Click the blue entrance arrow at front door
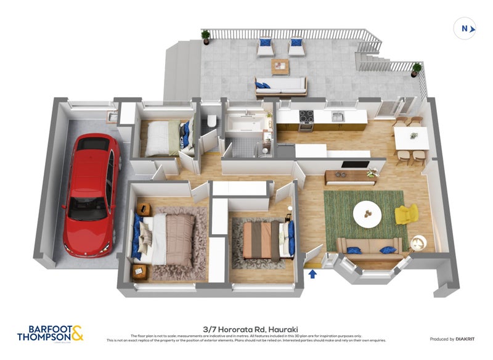click(312, 272)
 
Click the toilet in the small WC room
click(211, 121)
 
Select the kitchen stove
click(307, 121)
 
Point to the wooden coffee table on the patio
click(280, 65)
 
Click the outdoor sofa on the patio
click(282, 87)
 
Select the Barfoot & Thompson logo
click(51, 333)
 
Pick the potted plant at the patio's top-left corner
click(206, 36)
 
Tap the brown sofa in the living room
click(369, 248)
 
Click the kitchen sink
click(337, 117)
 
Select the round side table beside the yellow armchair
click(418, 242)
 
